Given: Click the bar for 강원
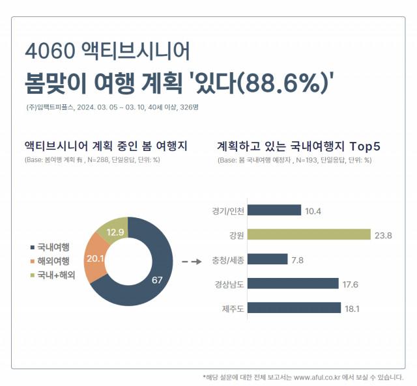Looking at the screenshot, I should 309,234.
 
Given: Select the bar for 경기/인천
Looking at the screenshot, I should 274,210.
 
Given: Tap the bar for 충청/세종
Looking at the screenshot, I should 268,258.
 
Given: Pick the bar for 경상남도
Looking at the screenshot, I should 293,283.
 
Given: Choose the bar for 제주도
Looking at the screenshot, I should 295,307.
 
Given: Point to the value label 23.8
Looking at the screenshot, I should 382,234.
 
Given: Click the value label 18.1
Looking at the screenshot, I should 352,307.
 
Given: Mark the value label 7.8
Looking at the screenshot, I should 298,259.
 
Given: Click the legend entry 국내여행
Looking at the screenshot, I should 52,247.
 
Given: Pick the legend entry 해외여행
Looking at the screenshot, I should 52,261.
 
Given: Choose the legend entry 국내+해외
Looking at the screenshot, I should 55,275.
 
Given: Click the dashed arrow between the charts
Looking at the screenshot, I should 190,262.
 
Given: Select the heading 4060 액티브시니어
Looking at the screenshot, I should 107,51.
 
